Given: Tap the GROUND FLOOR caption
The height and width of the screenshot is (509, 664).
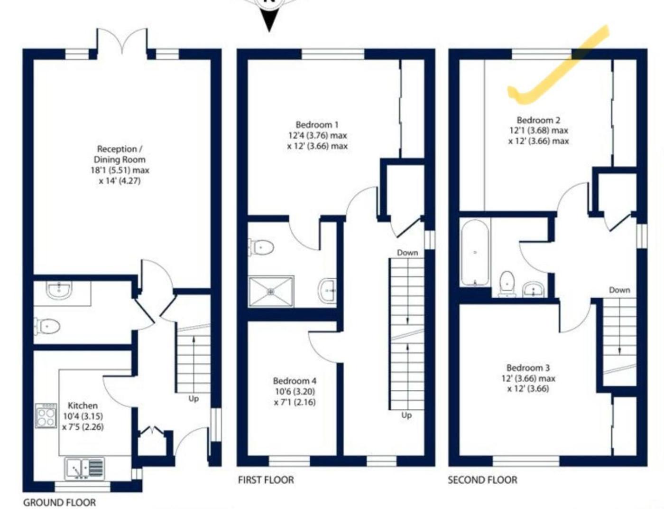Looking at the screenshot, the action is coord(60,502).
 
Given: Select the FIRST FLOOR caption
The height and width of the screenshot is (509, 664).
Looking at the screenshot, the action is coord(266,480).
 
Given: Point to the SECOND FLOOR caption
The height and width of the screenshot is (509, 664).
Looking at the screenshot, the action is coord(482,480).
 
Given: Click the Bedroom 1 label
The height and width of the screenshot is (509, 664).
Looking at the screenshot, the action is coord(317,125).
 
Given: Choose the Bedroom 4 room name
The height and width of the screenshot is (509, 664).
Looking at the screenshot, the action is coord(295,381).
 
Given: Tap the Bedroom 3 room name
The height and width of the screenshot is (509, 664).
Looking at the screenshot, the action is coord(528,368).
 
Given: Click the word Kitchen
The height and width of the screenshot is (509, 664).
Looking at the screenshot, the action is coord(83,405).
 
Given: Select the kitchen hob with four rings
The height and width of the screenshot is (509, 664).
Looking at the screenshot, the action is coord(46,415).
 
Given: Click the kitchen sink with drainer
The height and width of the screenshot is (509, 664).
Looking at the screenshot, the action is coord(84,468).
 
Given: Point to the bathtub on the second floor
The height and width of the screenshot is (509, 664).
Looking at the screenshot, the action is coord(475,253).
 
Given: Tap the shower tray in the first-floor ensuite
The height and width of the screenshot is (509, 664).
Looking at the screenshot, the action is coord(271,291).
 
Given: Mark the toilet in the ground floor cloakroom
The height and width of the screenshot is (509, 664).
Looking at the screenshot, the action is coord(47,327).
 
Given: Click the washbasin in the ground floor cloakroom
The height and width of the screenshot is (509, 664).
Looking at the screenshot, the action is coord(59,290).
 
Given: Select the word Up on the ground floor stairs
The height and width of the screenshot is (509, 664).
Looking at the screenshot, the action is coord(194,398).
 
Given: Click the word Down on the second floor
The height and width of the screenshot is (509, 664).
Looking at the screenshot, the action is coord(619,290).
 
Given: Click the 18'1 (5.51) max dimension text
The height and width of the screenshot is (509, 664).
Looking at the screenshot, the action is coord(120,170).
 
